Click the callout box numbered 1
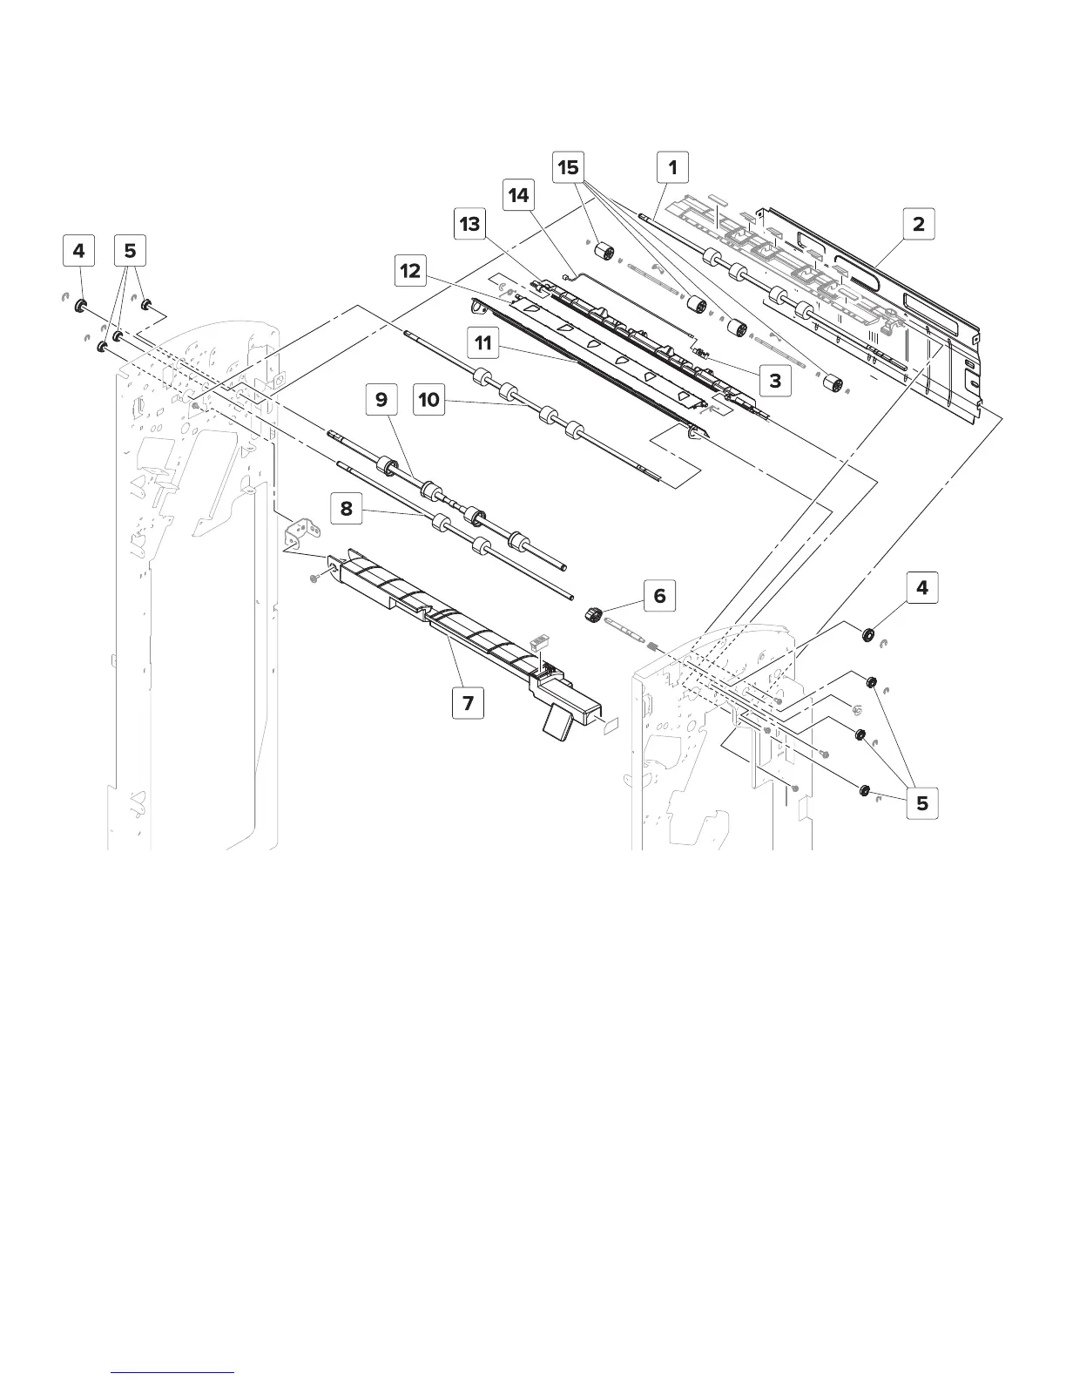671,166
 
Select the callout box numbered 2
918,224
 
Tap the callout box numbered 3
774,380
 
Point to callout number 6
659,596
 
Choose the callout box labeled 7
469,702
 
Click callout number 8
347,508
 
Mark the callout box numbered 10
429,401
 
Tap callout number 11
482,342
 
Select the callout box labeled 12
410,271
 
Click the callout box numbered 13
469,224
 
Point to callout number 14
518,195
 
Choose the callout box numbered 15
568,166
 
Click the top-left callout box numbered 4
79,252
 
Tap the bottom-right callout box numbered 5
921,803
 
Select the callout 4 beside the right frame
921,588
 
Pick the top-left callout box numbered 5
130,252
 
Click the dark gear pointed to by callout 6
594,616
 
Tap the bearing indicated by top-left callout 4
81,306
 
